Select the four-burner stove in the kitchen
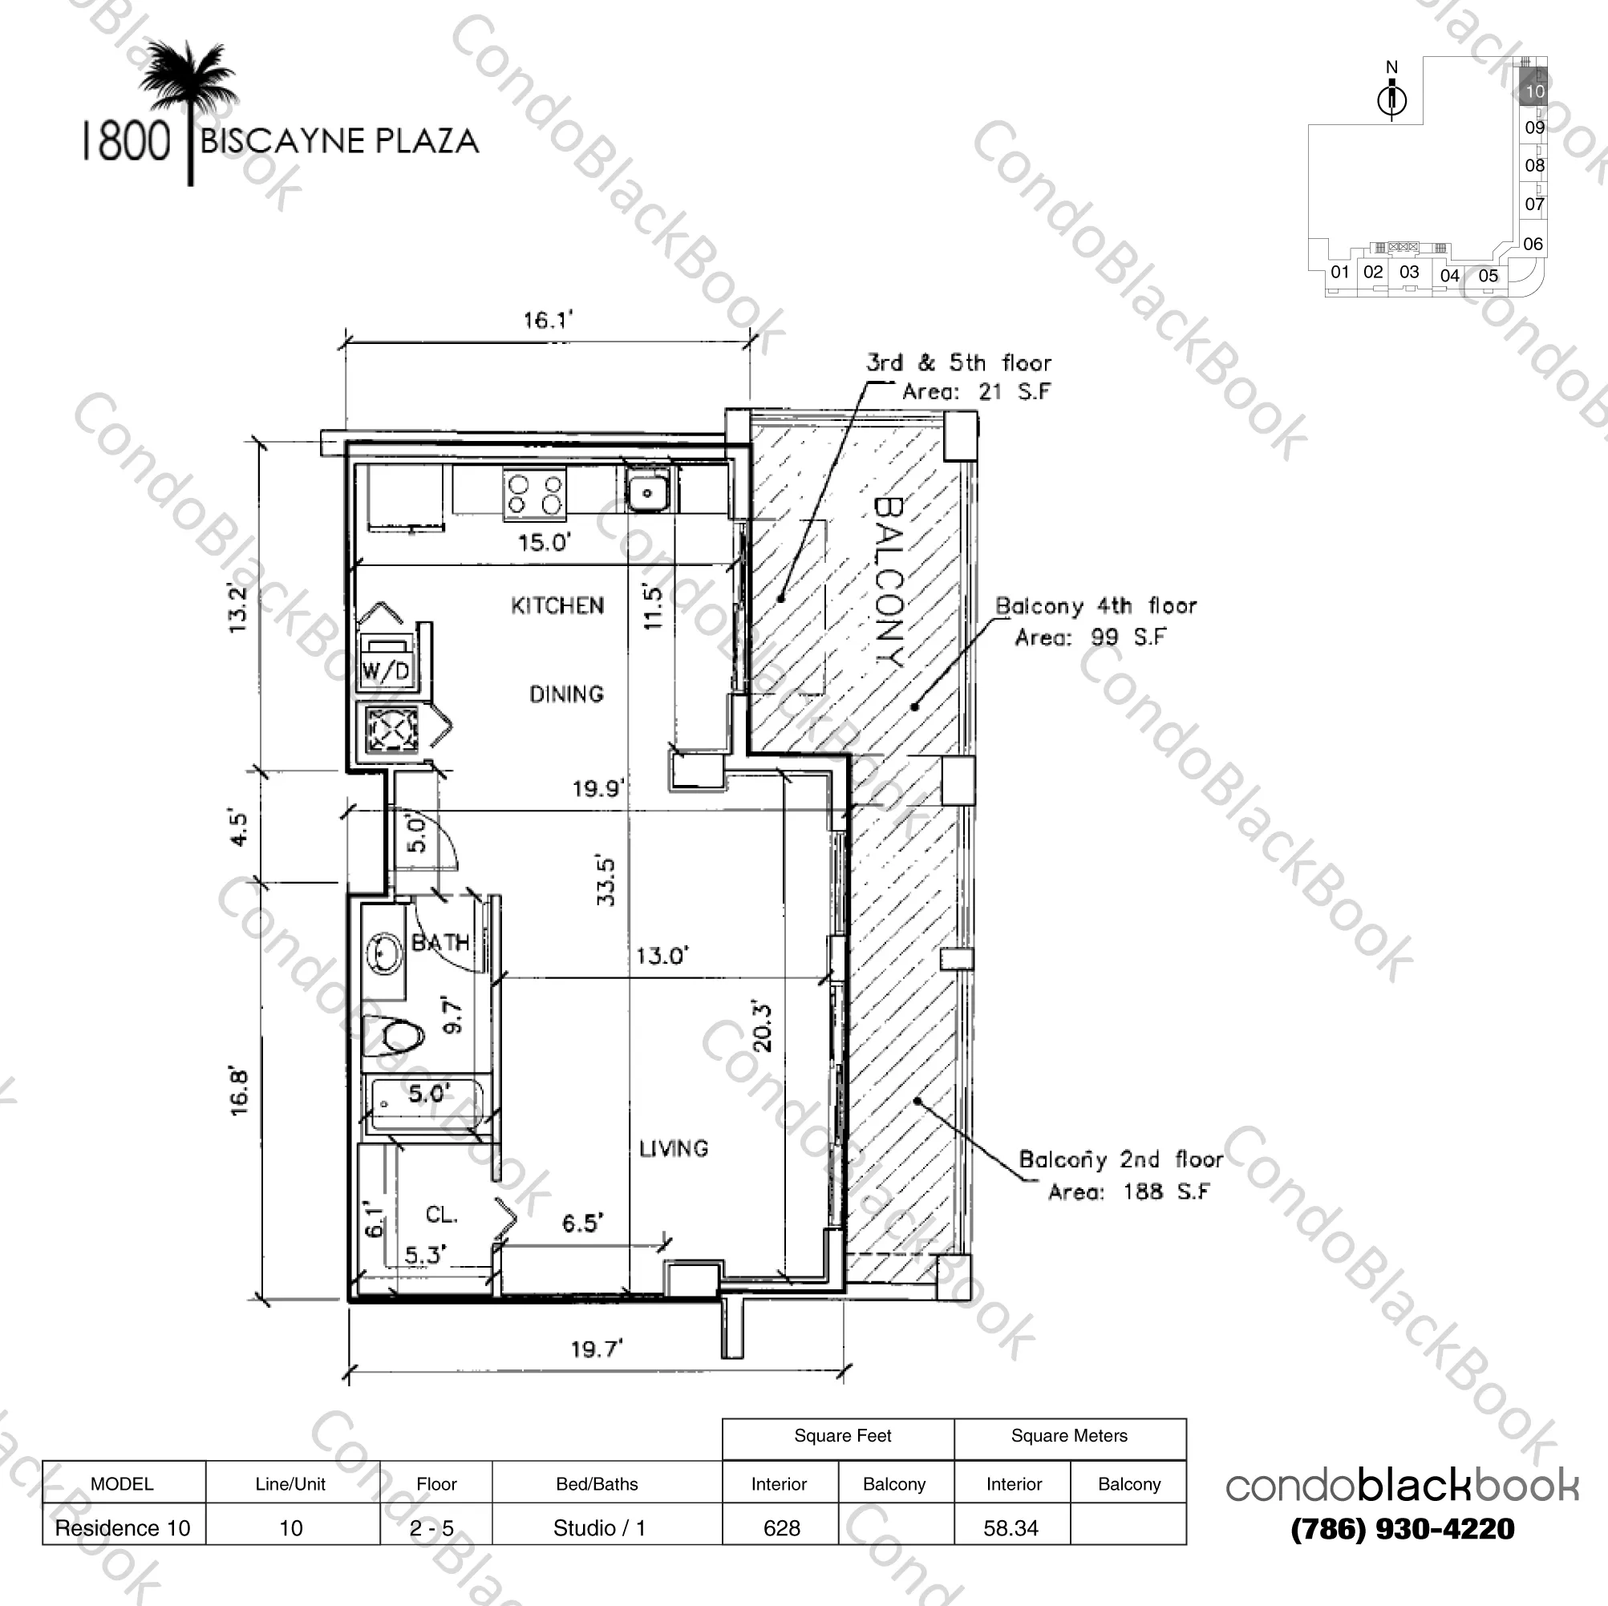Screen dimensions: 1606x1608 tap(534, 493)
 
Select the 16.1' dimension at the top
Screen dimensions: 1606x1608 tap(548, 320)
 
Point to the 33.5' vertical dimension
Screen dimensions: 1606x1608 tap(607, 881)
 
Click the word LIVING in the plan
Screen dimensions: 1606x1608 tap(674, 1149)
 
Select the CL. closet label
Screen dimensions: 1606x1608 tap(441, 1215)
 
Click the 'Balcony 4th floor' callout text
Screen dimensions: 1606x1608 tap(1096, 606)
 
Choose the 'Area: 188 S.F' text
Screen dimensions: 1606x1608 tap(1128, 1192)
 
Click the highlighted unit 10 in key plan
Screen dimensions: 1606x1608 tap(1534, 90)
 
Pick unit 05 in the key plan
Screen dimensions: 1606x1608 tap(1489, 276)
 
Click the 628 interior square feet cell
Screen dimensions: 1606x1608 tap(780, 1527)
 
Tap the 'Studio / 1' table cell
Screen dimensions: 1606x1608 tap(598, 1527)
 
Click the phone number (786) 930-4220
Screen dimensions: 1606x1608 tap(1403, 1528)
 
